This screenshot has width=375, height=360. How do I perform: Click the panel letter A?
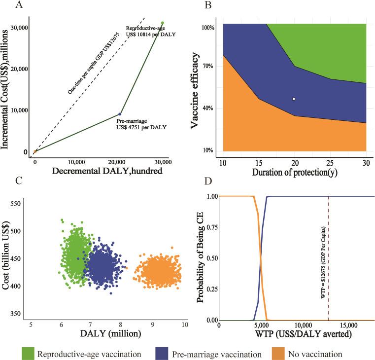pos(7,5)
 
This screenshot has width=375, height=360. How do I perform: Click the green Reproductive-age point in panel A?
pos(162,23)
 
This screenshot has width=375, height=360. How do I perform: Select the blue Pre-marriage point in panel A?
pos(120,114)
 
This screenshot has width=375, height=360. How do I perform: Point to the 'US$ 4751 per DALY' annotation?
pos(142,127)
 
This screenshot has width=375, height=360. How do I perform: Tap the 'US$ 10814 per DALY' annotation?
pos(151,34)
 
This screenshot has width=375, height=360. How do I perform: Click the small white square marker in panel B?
pos(294,99)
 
